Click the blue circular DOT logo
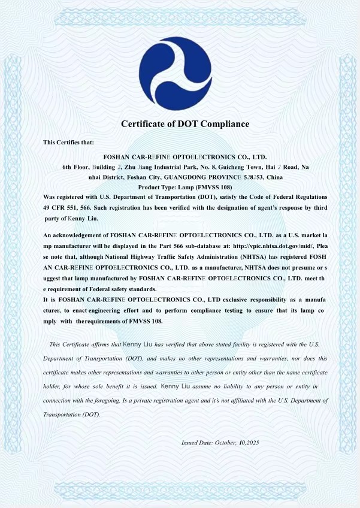click(x=176, y=66)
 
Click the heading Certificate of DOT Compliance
click(x=185, y=124)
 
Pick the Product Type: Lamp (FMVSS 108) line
click(x=185, y=187)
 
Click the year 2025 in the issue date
click(x=250, y=443)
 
